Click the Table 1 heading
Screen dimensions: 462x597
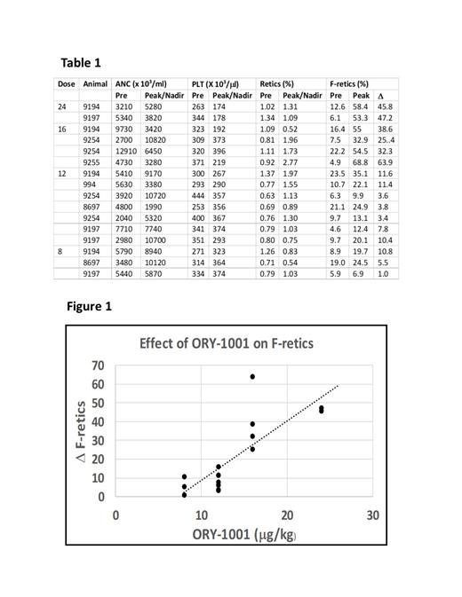(x=81, y=62)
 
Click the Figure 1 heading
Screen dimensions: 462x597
(x=89, y=307)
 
